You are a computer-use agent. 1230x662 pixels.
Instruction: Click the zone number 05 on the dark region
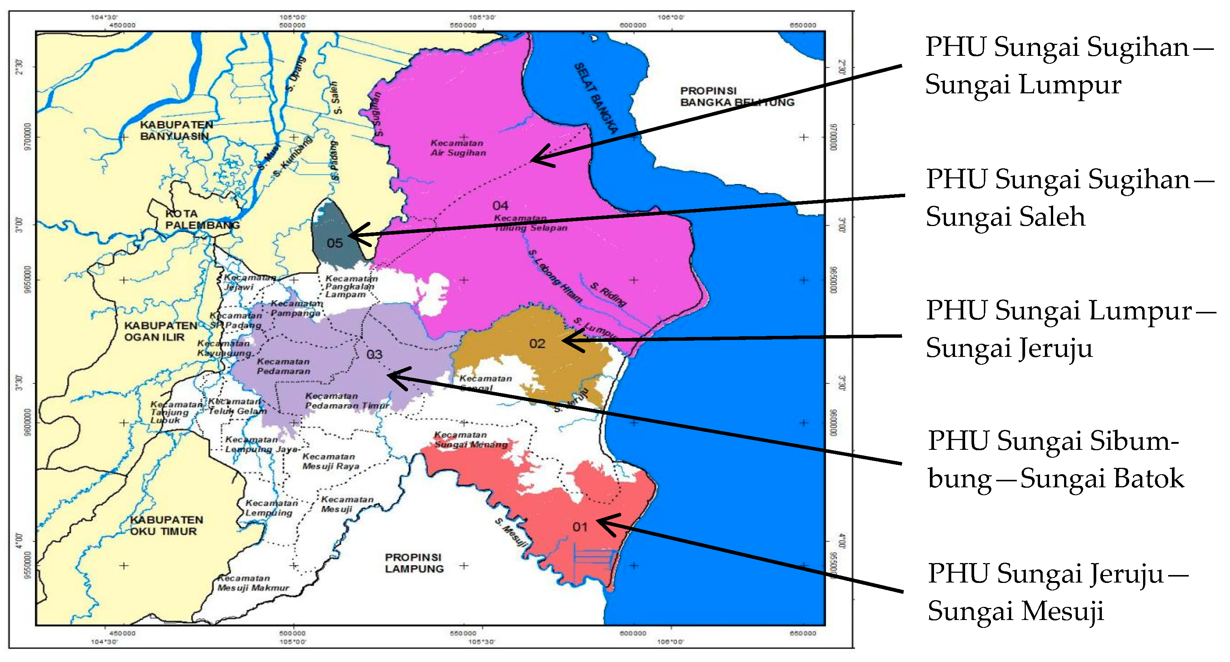pos(335,243)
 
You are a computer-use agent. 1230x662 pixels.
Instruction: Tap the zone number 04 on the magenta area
pos(500,206)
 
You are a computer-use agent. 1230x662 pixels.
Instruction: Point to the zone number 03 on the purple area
pos(374,354)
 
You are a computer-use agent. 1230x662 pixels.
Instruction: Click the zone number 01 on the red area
pos(580,527)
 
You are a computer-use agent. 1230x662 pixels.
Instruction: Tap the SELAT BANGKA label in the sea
pos(595,98)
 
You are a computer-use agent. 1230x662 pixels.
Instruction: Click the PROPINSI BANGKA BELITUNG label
pos(736,96)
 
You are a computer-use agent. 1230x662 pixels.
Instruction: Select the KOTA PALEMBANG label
pos(202,219)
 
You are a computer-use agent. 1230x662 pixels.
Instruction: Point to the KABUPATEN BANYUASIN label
pos(176,130)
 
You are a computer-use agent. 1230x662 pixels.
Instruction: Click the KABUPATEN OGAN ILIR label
pos(160,331)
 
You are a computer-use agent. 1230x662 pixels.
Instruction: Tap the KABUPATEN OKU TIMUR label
pos(166,526)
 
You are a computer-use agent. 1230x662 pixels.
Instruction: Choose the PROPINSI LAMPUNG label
pos(414,563)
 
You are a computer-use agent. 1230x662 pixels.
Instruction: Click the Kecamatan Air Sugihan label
pos(457,148)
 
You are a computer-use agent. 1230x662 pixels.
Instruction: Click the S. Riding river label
pos(607,294)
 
